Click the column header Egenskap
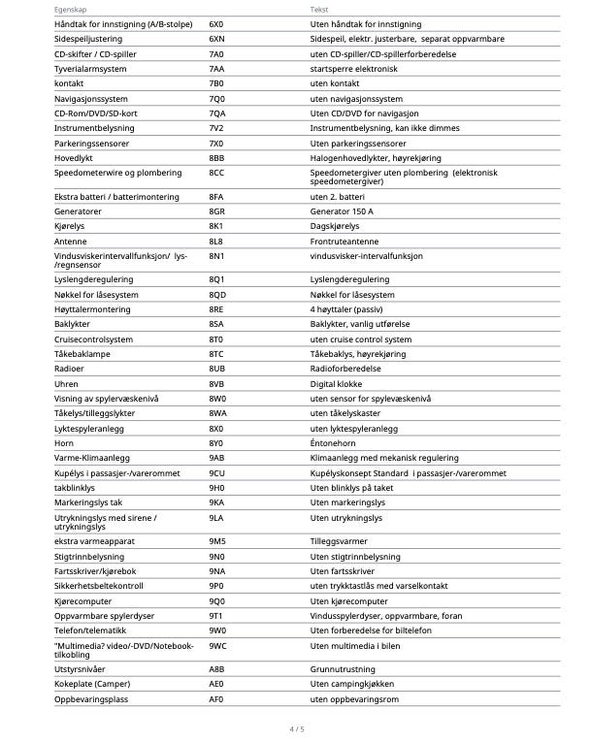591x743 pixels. pos(70,7)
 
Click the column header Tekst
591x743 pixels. pos(319,7)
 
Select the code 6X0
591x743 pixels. pos(215,22)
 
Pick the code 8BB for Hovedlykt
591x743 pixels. pos(216,158)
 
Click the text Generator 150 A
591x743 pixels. pos(342,211)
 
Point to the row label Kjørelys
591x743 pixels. pos(71,226)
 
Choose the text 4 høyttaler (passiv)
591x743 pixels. pos(347,308)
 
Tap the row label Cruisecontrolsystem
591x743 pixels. pos(93,339)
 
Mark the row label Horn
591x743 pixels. pos(63,443)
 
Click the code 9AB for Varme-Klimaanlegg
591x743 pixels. pos(216,458)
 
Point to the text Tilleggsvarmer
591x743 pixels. pos(340,540)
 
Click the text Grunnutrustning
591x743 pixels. pos(342,668)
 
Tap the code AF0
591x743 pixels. pos(215,698)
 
